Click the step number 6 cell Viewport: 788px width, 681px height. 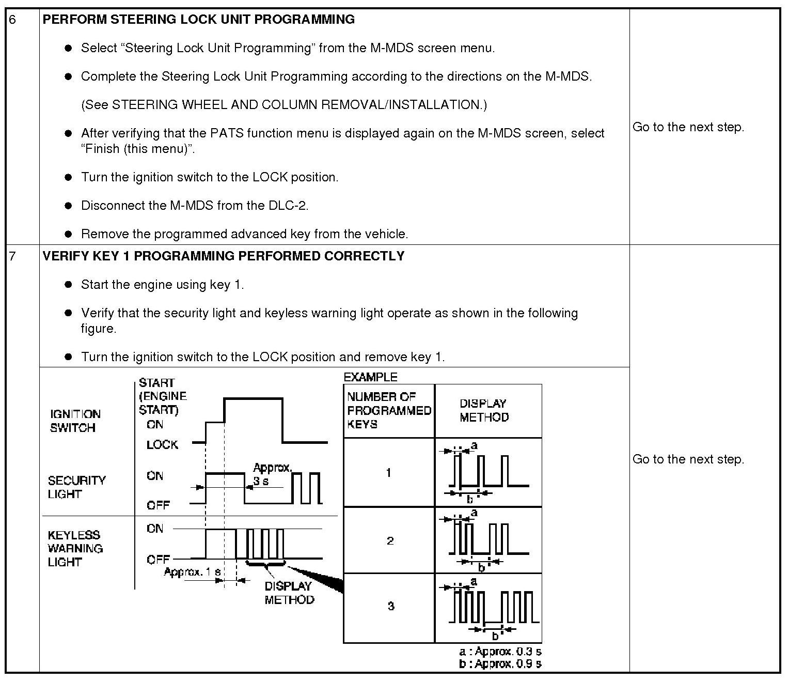(13, 20)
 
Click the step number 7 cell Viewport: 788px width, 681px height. (13, 256)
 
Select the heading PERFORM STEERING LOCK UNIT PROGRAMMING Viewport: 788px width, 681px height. (198, 20)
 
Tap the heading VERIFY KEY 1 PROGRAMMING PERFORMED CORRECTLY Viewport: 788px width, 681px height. (223, 256)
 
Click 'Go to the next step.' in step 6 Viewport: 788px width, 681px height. (688, 127)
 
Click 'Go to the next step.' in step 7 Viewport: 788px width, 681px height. (688, 459)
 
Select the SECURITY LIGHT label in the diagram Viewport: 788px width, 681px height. (76, 487)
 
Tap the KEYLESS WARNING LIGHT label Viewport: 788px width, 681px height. (75, 548)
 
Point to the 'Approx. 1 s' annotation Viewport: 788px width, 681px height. (192, 572)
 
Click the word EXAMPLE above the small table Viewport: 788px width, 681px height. (370, 377)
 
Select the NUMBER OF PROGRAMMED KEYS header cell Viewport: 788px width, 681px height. (388, 411)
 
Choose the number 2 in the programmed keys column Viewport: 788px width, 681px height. (390, 541)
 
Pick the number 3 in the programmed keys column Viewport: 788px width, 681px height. (391, 606)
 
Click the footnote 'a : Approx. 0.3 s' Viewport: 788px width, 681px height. (500, 652)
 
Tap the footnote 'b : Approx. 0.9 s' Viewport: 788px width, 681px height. (500, 664)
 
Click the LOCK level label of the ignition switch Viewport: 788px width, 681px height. (162, 445)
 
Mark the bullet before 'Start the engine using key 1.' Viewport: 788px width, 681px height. (68, 285)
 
